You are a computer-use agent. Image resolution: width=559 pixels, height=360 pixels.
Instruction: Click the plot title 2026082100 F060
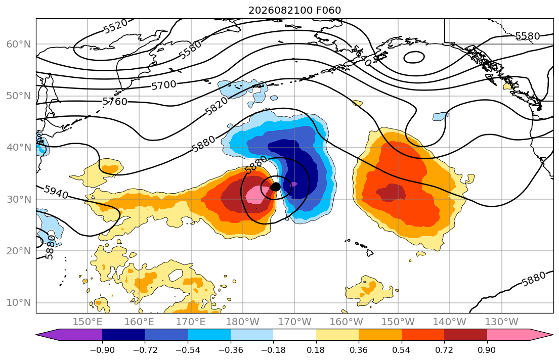(x=294, y=10)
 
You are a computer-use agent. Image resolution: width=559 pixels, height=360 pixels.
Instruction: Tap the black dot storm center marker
(x=275, y=187)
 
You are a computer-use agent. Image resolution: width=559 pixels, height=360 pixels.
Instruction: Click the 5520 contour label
(x=115, y=26)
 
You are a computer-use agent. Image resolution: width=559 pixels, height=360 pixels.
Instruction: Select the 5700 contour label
(x=163, y=85)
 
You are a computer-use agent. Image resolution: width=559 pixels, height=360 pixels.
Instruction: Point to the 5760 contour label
(x=115, y=102)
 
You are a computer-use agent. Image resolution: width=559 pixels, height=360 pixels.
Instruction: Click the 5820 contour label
(x=217, y=106)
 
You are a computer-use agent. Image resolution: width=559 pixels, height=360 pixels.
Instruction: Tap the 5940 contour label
(x=56, y=192)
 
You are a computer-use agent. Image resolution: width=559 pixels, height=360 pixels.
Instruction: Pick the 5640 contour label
(x=362, y=56)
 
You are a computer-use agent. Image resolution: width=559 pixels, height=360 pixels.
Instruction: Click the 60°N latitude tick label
(x=19, y=44)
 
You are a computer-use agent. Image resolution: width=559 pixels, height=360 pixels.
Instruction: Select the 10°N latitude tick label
(x=19, y=303)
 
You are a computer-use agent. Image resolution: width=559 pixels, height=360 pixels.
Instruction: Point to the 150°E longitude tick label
(x=88, y=322)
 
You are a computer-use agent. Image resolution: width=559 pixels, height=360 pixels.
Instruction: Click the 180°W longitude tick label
(x=243, y=322)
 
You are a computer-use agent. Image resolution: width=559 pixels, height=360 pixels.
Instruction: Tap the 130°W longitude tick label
(x=502, y=322)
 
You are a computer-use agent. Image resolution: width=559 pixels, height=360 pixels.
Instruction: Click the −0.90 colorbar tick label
(x=102, y=350)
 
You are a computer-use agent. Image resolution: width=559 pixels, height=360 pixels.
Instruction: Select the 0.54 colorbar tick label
(x=402, y=350)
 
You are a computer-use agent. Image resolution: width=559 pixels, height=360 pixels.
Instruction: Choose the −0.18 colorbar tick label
(x=273, y=350)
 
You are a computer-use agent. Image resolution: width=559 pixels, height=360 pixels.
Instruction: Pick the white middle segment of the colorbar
(x=294, y=335)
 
